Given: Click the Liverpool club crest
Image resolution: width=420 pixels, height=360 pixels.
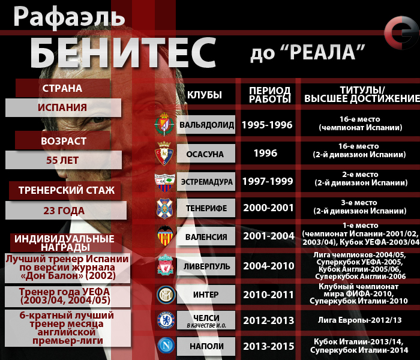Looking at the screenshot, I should point(165,265).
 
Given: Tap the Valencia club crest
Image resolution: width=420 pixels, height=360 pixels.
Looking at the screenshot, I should point(165,236).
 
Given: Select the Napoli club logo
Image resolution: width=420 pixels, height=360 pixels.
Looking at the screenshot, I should point(165,346).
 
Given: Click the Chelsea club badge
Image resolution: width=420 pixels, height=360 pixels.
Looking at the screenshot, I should point(165,319).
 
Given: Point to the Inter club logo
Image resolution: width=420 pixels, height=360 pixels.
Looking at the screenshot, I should point(165,294).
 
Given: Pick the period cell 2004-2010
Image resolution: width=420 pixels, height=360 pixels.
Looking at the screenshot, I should point(268,265).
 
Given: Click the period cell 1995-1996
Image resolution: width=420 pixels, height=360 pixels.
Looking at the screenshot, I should point(267,125).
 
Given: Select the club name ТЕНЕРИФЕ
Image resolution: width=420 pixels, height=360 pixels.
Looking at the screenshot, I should point(206,208).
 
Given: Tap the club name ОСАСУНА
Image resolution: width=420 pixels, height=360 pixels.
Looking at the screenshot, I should point(205,154).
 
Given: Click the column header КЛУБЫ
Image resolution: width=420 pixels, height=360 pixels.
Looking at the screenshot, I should point(205,95).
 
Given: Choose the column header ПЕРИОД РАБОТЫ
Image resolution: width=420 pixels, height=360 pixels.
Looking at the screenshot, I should point(270,94).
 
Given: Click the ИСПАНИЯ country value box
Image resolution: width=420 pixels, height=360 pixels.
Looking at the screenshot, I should point(62,108).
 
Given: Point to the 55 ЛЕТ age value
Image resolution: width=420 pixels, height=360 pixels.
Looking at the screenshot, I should point(62,160).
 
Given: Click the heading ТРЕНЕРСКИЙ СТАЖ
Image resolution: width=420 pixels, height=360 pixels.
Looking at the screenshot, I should point(67,191).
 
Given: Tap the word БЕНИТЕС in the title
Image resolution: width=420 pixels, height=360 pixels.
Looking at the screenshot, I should point(122,52).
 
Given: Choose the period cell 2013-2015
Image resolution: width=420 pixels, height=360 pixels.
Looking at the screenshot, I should point(268,346).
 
